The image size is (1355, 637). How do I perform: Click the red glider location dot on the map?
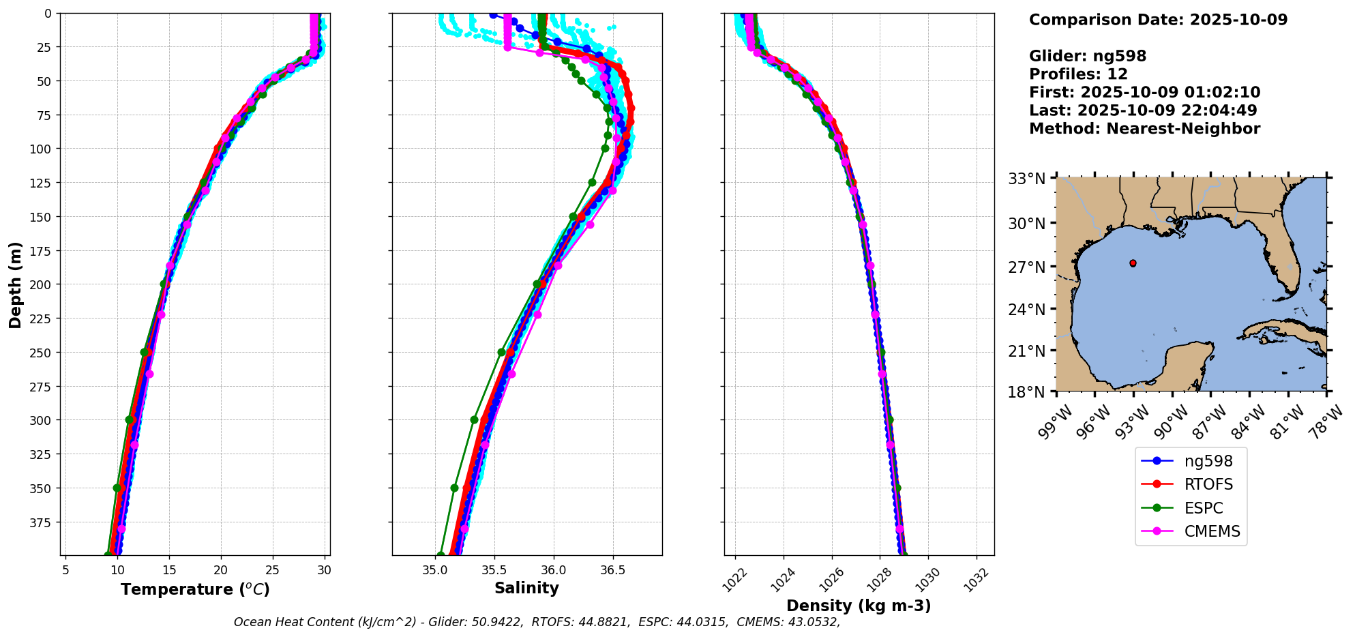pyautogui.click(x=1133, y=263)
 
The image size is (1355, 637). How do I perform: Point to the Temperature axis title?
pyautogui.click(x=195, y=589)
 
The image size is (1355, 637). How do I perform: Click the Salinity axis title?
pyautogui.click(x=526, y=589)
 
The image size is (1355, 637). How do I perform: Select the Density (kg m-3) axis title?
pyautogui.click(x=859, y=606)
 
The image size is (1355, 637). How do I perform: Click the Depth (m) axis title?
pyautogui.click(x=16, y=284)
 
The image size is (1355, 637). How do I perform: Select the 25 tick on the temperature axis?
pyautogui.click(x=273, y=569)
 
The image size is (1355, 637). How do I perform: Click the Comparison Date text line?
pyautogui.click(x=1158, y=20)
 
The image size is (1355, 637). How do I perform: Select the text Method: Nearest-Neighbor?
pyautogui.click(x=1144, y=128)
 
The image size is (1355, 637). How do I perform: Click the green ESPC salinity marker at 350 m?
pyautogui.click(x=454, y=488)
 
